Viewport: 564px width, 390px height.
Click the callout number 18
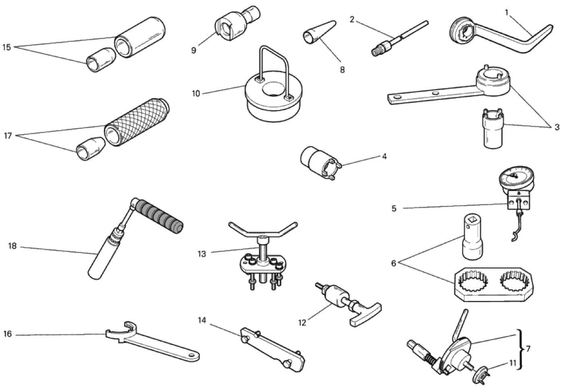point(12,246)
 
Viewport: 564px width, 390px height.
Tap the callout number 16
point(8,334)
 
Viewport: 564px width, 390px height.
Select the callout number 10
point(196,94)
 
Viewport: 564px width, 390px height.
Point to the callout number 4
point(384,156)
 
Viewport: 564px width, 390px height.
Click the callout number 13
point(202,254)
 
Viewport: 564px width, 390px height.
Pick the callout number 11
point(513,363)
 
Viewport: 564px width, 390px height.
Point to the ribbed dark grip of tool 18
point(159,218)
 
